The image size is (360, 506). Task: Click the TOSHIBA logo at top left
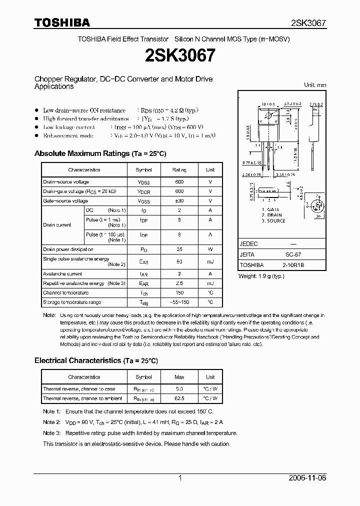[x=62, y=22]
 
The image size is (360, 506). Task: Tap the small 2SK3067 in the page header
[x=308, y=23]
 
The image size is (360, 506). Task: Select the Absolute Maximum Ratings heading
[x=100, y=153]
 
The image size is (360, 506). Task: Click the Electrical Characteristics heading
[x=96, y=360]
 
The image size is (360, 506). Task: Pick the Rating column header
[x=179, y=170]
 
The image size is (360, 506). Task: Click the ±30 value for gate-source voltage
[x=179, y=200]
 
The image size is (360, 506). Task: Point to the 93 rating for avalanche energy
[x=179, y=261]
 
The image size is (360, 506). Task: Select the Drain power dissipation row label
[x=68, y=249]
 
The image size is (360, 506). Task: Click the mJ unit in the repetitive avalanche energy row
[x=210, y=283]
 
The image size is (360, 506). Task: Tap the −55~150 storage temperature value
[x=179, y=302]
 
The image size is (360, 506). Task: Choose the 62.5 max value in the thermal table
[x=179, y=398]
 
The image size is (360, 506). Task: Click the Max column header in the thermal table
[x=179, y=377]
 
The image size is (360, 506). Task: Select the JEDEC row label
[x=249, y=243]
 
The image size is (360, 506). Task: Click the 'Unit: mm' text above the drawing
[x=315, y=85]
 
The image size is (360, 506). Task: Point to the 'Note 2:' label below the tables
[x=51, y=422]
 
